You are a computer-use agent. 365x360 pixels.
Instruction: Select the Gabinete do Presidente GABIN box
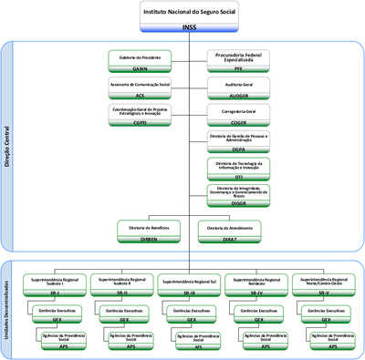click(x=140, y=61)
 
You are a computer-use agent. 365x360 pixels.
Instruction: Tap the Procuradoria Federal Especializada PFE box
click(x=238, y=61)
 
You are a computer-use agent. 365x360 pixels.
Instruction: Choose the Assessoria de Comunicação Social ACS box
click(x=140, y=87)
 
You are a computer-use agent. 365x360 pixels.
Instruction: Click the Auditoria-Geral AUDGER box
click(x=238, y=87)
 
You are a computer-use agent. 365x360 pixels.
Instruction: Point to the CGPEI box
click(x=140, y=115)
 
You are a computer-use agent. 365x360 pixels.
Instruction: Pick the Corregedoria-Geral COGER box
click(x=238, y=115)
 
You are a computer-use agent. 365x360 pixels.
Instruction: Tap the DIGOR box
click(x=238, y=194)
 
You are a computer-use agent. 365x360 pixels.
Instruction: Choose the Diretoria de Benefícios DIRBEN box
click(x=148, y=231)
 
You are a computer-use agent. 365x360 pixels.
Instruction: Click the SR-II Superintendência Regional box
click(x=123, y=285)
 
